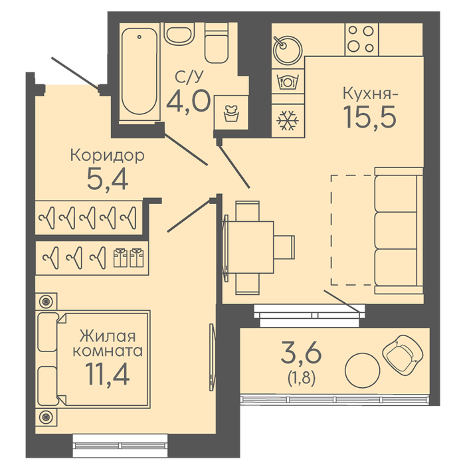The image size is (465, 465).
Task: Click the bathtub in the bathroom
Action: pos(139,71)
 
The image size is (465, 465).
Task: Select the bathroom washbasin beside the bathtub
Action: pos(179,33)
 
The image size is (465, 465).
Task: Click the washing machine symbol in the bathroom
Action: pos(231,113)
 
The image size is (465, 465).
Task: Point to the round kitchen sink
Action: pos(288,50)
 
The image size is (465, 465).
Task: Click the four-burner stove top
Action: pos(361,39)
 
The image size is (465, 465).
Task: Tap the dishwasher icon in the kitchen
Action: pos(288,82)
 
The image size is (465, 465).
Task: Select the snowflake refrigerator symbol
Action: pos(288,120)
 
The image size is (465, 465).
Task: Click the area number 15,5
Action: pos(369,117)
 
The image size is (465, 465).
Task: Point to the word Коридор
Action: pos(108,155)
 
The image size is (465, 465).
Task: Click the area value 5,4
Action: pos(108,179)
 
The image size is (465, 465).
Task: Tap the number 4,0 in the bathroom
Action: pos(188,102)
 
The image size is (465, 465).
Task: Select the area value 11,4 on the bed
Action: pos(108,374)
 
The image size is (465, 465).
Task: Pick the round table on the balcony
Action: pos(363,371)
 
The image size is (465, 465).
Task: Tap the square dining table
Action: pos(250,247)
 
